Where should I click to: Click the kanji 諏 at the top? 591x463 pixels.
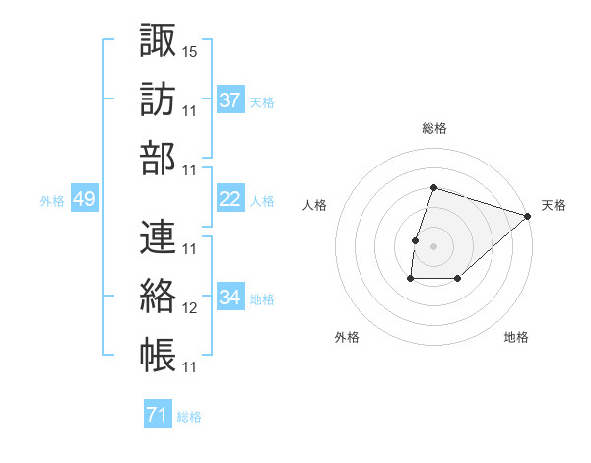(x=158, y=40)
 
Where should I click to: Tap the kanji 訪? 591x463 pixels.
(x=158, y=100)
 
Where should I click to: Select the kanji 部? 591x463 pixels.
(x=158, y=160)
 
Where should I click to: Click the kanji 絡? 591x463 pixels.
(x=158, y=297)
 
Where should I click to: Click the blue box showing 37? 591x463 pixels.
(x=230, y=100)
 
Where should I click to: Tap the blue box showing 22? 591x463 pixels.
(x=230, y=200)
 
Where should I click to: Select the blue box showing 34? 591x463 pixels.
(x=230, y=298)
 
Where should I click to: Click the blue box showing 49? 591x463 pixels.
(x=85, y=200)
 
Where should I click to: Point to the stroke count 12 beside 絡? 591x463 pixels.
(x=190, y=308)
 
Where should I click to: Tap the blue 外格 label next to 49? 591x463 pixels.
(x=52, y=201)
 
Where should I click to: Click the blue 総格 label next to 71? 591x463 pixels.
(x=189, y=417)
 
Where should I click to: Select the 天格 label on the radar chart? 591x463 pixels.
(x=554, y=205)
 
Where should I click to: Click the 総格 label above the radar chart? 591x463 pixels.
(x=434, y=128)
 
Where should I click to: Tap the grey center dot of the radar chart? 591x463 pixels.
(x=433, y=245)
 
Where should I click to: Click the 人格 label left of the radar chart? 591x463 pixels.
(x=314, y=205)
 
